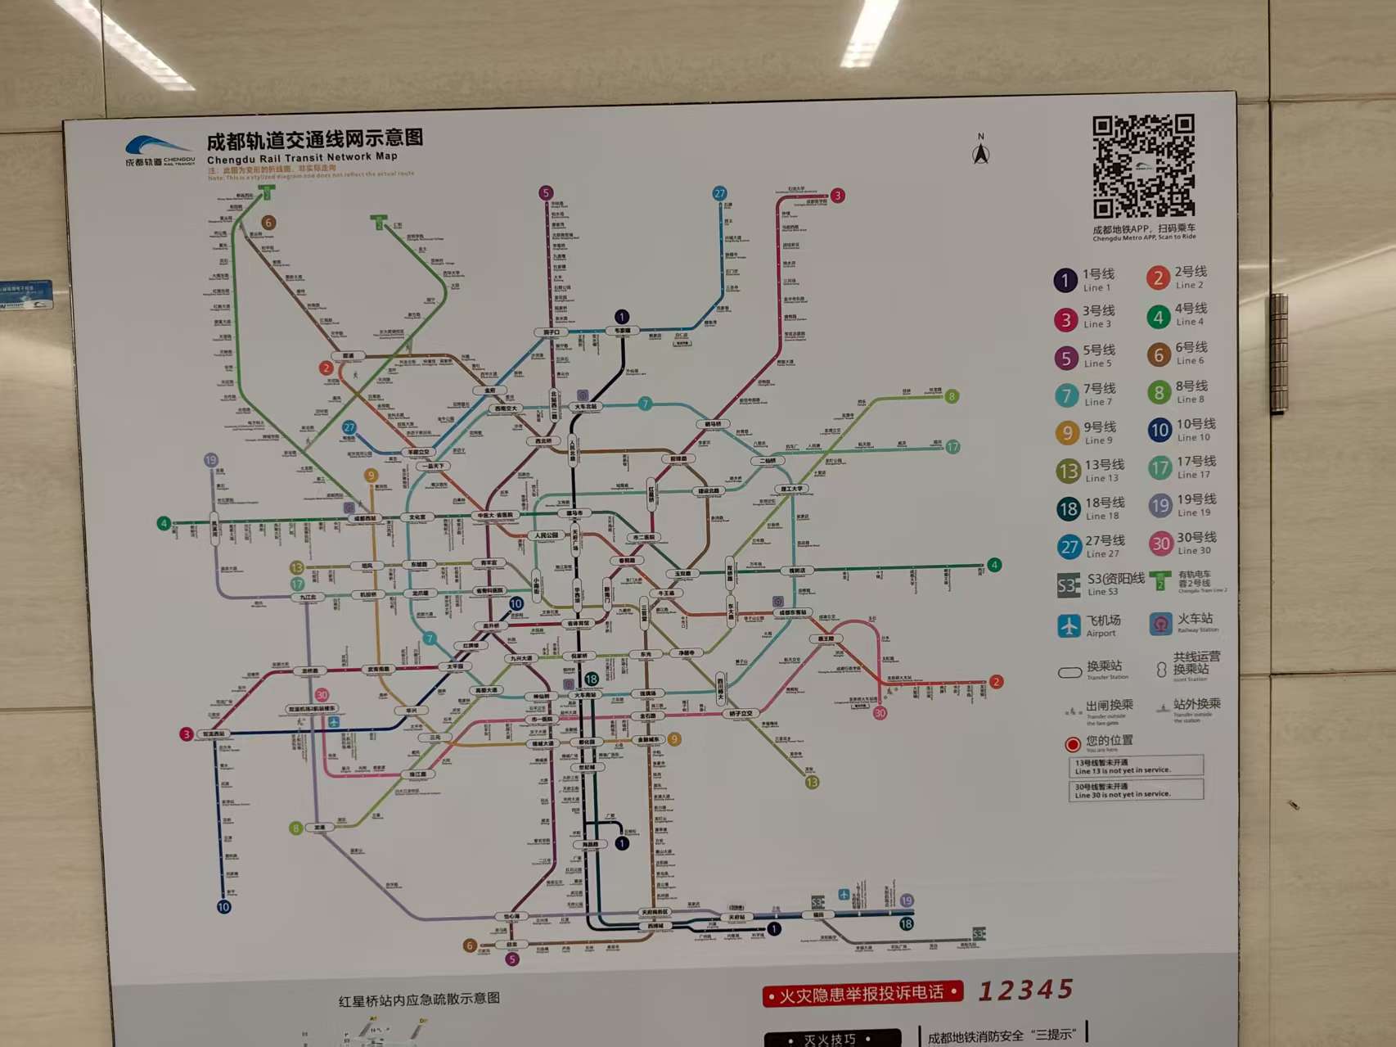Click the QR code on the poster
1143,166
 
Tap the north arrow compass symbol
980,152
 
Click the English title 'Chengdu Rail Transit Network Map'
302,157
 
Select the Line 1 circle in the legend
1065,281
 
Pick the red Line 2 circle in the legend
1157,278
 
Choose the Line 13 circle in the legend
1067,471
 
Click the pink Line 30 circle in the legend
1160,544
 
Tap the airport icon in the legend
1069,626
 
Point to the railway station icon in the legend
1160,625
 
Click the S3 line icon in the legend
1068,585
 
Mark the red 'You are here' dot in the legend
1072,744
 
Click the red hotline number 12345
1025,991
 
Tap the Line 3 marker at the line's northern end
837,196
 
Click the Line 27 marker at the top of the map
719,193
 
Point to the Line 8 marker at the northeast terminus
952,397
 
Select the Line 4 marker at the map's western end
164,523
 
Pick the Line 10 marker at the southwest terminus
223,907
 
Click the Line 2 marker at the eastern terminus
996,682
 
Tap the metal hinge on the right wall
1279,354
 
